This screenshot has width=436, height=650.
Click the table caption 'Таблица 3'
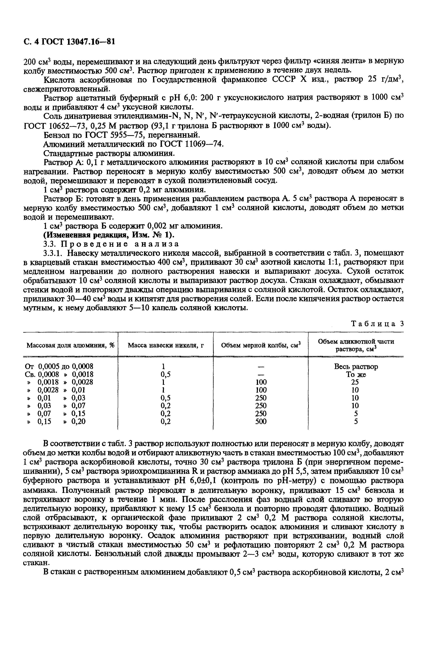click(x=377, y=324)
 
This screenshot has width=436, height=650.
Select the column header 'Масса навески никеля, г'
click(x=166, y=345)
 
